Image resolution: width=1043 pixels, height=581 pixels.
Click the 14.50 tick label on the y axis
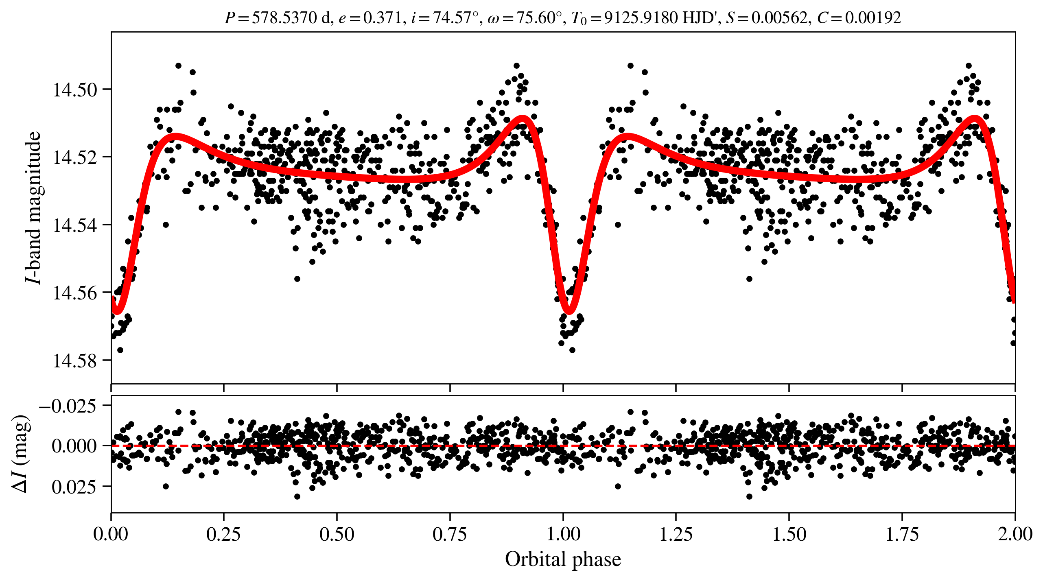[75, 90]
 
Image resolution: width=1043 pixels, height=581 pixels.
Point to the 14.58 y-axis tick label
[75, 361]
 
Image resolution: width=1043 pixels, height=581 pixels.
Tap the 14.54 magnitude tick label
[75, 225]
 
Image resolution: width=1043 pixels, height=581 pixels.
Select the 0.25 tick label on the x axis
[223, 534]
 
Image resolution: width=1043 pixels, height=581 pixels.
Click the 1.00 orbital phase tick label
[563, 534]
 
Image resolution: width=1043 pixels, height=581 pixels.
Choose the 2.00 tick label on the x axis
[1015, 534]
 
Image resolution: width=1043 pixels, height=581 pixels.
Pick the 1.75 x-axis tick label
[902, 534]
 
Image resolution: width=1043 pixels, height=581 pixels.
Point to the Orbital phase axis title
[563, 559]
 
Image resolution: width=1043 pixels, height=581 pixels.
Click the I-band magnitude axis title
[33, 207]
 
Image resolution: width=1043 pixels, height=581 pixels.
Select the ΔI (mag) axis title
[20, 454]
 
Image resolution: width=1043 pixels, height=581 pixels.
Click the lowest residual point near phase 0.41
[297, 496]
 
